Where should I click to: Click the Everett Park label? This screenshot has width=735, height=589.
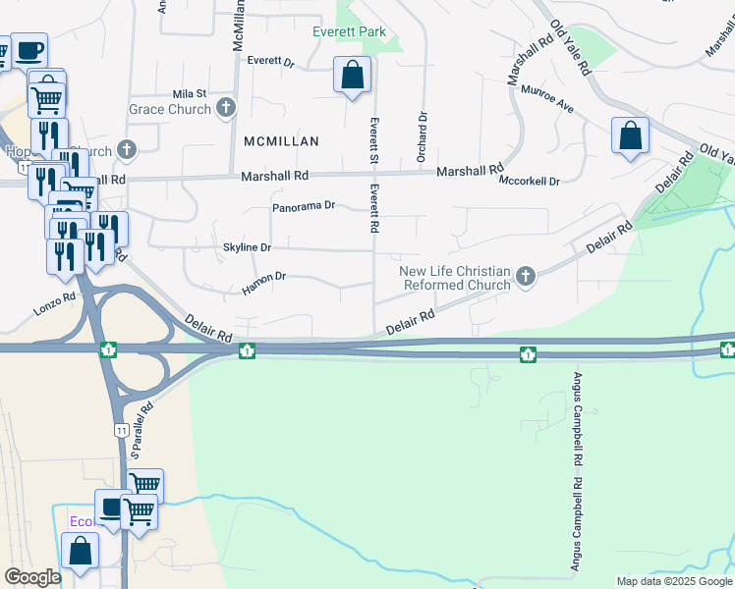[x=349, y=31]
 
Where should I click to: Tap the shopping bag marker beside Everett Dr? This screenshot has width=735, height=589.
[x=352, y=76]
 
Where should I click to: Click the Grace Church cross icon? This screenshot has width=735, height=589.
[x=226, y=109]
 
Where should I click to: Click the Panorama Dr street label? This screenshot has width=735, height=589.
[x=305, y=206]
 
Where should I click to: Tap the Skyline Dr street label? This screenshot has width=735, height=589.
[x=247, y=247]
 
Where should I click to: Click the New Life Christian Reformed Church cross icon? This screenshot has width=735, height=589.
[x=526, y=277]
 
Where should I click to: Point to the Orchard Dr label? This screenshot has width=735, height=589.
[x=424, y=129]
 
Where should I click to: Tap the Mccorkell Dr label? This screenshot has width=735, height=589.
[x=529, y=182]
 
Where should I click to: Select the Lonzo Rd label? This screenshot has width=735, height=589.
[x=55, y=299]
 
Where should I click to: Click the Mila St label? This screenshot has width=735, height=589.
[x=189, y=93]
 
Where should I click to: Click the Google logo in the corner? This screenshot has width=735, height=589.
[x=32, y=576]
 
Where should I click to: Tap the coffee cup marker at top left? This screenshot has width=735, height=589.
[x=29, y=49]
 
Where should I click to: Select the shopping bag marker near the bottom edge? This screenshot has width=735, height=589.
[x=80, y=551]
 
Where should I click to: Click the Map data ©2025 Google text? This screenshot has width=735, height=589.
[x=673, y=581]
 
